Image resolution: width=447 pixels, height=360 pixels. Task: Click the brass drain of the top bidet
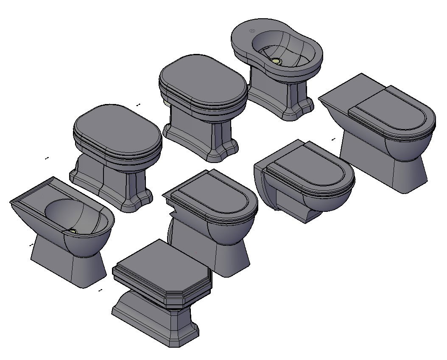click(277, 62)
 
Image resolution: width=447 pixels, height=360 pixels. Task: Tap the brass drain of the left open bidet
click(73, 232)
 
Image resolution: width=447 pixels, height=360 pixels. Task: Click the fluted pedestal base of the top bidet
click(280, 93)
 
